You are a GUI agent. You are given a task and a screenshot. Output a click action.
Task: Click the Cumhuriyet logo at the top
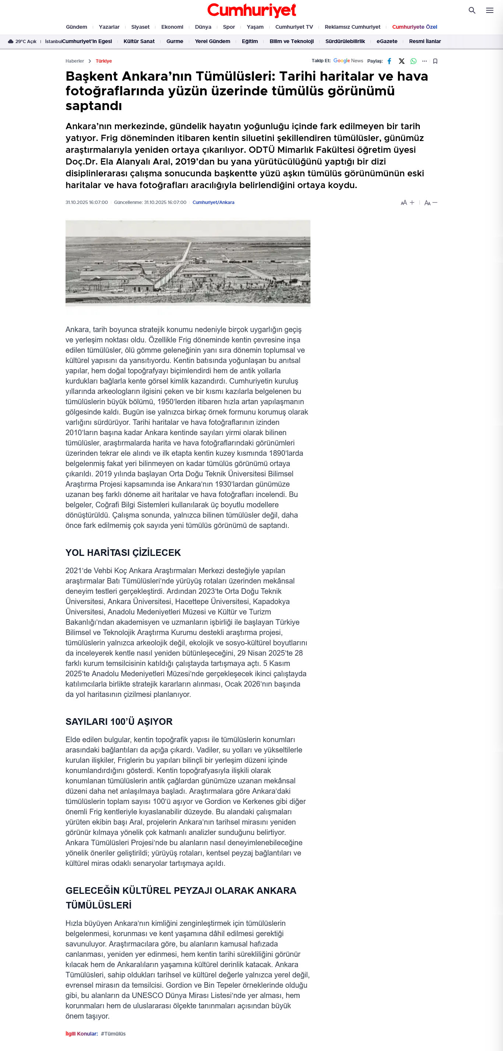coord(251,10)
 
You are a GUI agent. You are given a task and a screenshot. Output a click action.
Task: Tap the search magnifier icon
coord(472,11)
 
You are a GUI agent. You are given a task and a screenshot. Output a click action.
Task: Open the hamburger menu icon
coord(489,11)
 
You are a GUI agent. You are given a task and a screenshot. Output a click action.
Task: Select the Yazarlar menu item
coord(109,27)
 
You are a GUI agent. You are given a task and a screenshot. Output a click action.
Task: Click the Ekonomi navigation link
coord(172,27)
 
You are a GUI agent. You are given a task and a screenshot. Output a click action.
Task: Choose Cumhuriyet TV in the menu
coord(294,27)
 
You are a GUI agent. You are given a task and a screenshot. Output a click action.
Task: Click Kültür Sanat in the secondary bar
coord(139,41)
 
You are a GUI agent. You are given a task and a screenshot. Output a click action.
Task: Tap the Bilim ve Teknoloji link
coord(291,41)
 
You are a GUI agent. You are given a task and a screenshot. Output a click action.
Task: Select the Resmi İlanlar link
coord(425,41)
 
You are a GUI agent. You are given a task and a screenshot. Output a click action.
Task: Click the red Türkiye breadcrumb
coord(103,61)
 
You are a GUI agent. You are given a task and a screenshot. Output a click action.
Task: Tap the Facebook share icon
coord(389,61)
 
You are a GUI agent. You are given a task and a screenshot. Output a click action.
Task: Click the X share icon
coord(401,61)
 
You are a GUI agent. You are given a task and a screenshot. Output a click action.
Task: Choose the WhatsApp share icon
coord(413,61)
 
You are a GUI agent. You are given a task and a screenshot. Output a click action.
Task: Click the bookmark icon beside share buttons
coord(435,61)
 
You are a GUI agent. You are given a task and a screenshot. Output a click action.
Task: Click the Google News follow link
coord(348,61)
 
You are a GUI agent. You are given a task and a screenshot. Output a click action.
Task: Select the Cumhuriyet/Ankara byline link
coord(213,202)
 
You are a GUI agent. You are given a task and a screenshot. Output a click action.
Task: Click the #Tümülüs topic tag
coord(113,1033)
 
